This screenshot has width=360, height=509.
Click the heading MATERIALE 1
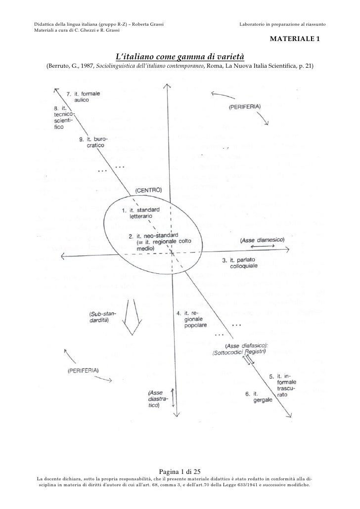(x=295, y=39)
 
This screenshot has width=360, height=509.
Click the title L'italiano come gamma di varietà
(x=180, y=56)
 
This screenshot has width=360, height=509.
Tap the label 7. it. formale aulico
(x=83, y=97)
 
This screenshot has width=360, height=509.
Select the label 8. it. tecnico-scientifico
(x=64, y=118)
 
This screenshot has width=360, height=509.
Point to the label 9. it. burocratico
(x=93, y=142)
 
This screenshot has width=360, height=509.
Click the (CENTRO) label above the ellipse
(x=148, y=190)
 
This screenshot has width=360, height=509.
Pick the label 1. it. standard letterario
(x=140, y=212)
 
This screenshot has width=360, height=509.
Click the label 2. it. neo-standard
(x=153, y=236)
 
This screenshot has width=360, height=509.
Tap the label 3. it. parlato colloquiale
(x=240, y=263)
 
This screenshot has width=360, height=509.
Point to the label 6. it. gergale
(x=259, y=397)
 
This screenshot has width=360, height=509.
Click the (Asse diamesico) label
(x=262, y=240)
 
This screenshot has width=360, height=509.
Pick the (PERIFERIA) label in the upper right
(x=245, y=106)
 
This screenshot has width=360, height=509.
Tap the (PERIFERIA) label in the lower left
(x=83, y=371)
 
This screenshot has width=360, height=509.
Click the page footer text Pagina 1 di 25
(x=180, y=471)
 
